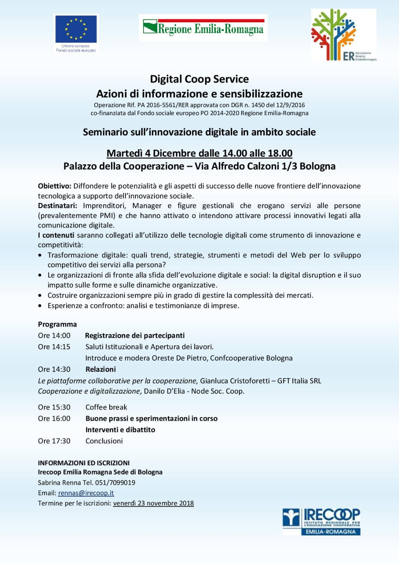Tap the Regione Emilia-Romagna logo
pos(203,28)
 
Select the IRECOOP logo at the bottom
pos(321,522)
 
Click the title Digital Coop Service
pos(199,79)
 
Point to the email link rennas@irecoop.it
pos(86,493)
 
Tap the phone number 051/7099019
pos(115,483)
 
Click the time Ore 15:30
pos(54,407)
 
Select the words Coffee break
pos(106,407)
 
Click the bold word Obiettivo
pos(55,186)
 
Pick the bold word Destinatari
pos(58,206)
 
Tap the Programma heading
pos(57,324)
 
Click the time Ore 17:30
pos(54,441)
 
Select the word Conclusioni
pos(104,441)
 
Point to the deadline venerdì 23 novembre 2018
pos(153,503)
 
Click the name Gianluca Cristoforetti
pos(234,381)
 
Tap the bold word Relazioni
pos(101,369)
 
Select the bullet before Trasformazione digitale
pos(40,255)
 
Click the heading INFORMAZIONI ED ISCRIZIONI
pos(84,463)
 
